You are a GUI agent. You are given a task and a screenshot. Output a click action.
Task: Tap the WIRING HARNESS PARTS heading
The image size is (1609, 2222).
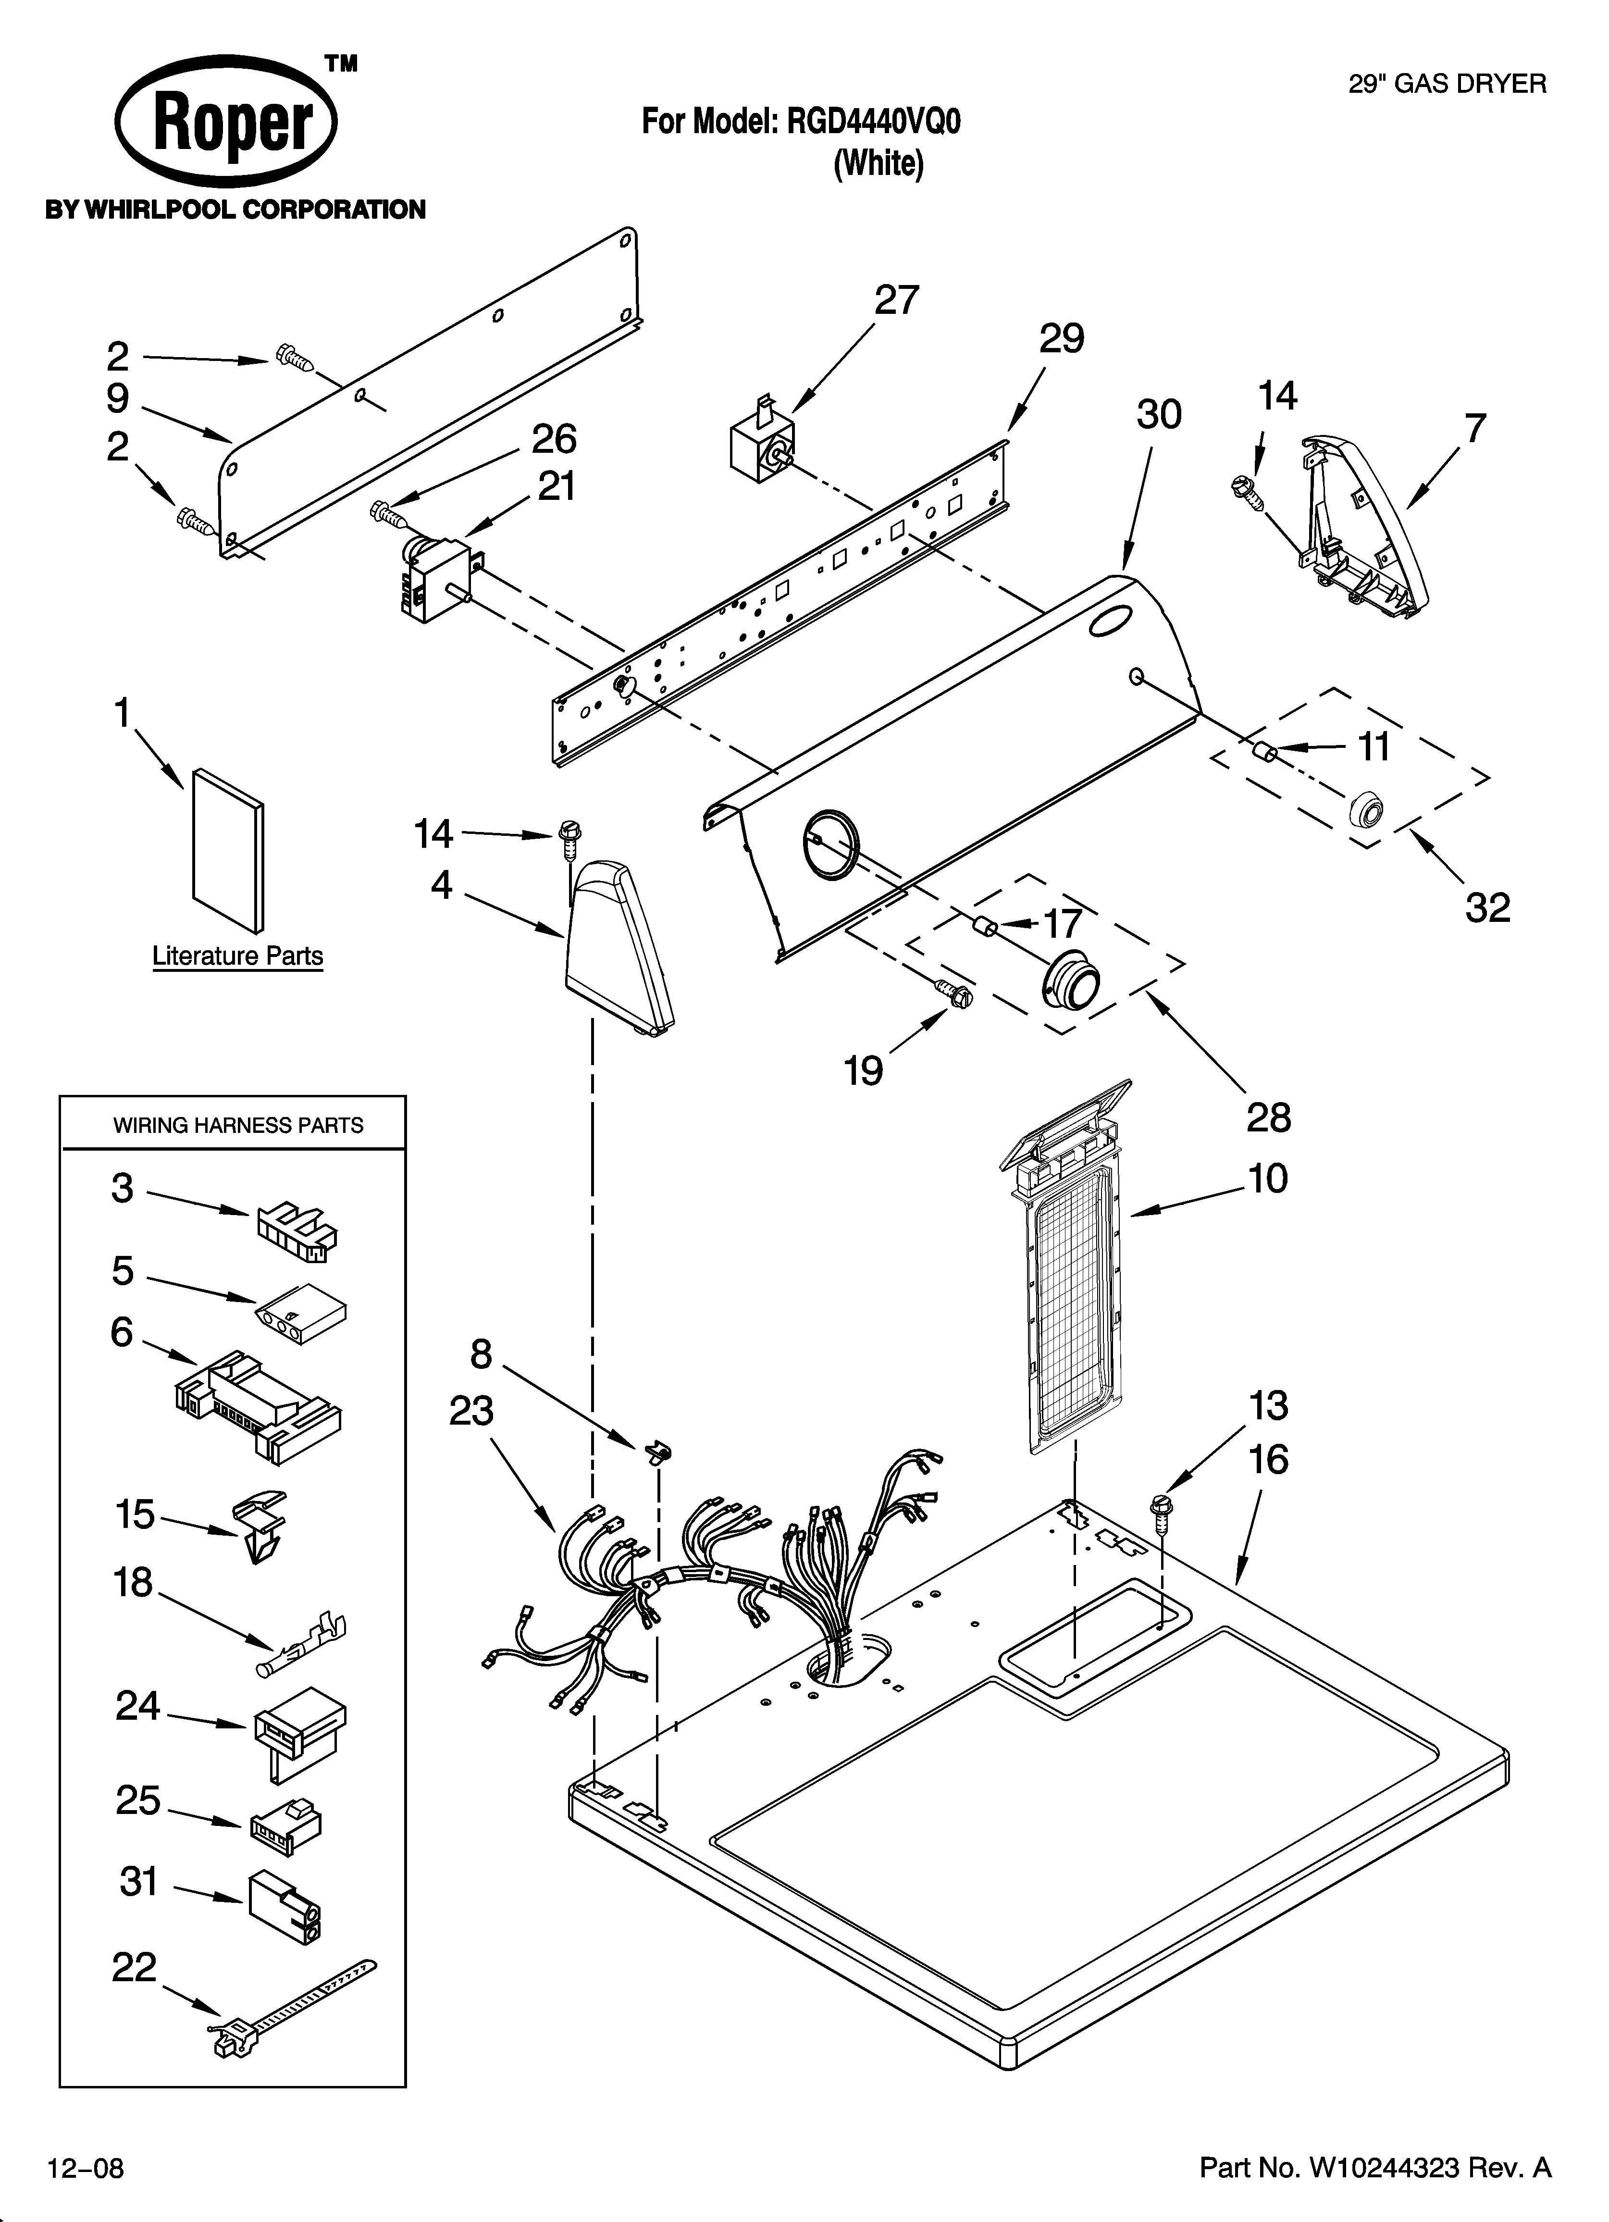point(238,1126)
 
